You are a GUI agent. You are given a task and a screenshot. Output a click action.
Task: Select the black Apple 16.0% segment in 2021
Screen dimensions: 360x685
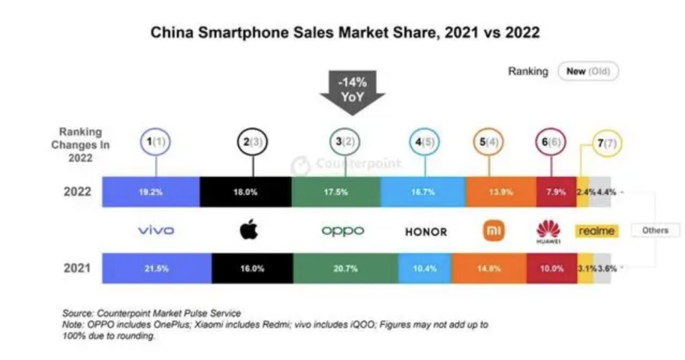click(x=252, y=268)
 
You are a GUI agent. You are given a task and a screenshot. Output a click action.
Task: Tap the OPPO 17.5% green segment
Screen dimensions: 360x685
click(x=336, y=192)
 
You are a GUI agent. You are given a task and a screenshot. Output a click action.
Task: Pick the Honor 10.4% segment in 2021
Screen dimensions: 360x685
click(x=425, y=268)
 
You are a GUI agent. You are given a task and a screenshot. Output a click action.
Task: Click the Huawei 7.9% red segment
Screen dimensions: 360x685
click(x=556, y=192)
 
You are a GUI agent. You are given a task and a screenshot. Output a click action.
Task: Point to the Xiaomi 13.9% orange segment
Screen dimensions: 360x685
click(x=501, y=192)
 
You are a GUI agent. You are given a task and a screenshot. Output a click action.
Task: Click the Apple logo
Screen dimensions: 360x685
click(x=249, y=230)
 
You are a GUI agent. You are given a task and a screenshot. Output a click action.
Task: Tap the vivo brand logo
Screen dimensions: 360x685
click(x=155, y=231)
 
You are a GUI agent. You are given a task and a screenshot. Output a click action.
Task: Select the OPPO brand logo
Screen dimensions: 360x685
click(x=343, y=231)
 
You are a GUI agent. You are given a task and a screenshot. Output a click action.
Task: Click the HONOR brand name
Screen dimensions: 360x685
click(x=426, y=231)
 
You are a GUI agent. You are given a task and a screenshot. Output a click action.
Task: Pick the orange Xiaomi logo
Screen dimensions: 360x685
click(x=494, y=231)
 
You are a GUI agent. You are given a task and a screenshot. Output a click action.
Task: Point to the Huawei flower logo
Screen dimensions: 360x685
click(x=549, y=229)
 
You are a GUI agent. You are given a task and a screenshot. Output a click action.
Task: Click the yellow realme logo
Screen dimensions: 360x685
click(x=596, y=231)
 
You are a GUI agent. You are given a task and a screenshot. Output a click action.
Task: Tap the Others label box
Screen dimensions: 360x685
click(x=655, y=231)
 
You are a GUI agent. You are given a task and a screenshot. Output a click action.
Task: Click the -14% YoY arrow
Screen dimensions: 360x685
click(x=351, y=92)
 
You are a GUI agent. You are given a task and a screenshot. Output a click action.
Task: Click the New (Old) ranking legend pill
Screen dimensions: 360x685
click(x=587, y=71)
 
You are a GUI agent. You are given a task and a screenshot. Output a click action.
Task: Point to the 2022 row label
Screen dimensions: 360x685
click(x=77, y=192)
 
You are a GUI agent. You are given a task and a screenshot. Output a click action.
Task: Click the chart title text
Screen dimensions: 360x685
click(x=345, y=32)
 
